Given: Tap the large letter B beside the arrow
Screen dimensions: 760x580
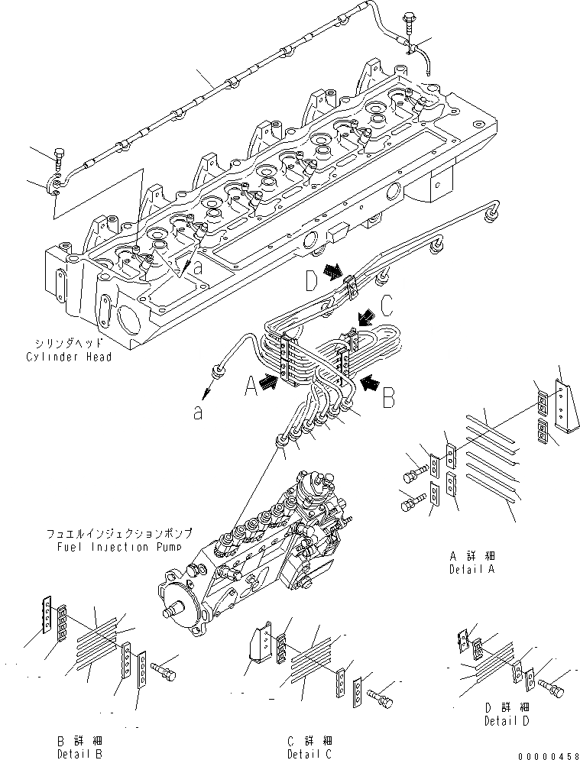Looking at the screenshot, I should click(x=387, y=396).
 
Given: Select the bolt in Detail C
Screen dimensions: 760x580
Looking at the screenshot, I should click(x=380, y=697).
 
